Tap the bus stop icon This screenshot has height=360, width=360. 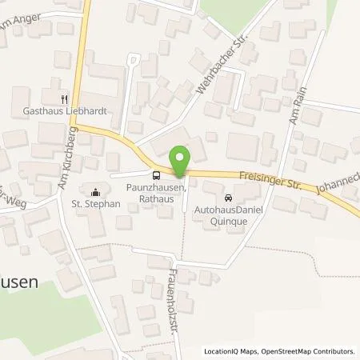tap(156, 176)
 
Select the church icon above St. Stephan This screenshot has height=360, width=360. tap(96, 191)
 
